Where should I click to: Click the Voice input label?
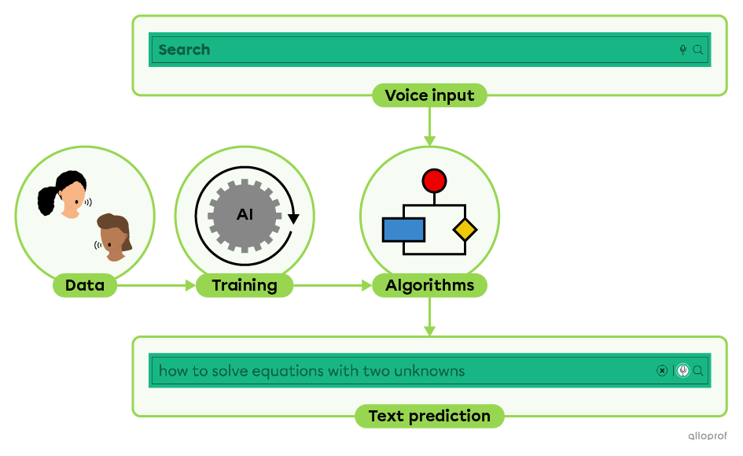tap(429, 96)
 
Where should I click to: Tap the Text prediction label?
tap(429, 416)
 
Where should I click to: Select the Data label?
tap(85, 285)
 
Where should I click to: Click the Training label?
tap(244, 285)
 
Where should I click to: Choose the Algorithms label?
tap(429, 285)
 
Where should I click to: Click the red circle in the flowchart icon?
tap(434, 181)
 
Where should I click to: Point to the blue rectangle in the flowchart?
tap(403, 229)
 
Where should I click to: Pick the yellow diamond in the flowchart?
tap(465, 230)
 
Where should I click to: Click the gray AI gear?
tap(245, 214)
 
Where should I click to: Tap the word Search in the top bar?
tap(184, 50)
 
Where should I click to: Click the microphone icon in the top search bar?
tap(683, 50)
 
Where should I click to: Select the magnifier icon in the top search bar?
tap(697, 50)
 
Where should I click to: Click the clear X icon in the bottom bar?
tap(662, 371)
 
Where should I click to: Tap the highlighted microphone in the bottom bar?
tap(682, 371)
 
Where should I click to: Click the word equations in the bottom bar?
tap(283, 371)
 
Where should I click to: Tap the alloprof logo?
tap(708, 436)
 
